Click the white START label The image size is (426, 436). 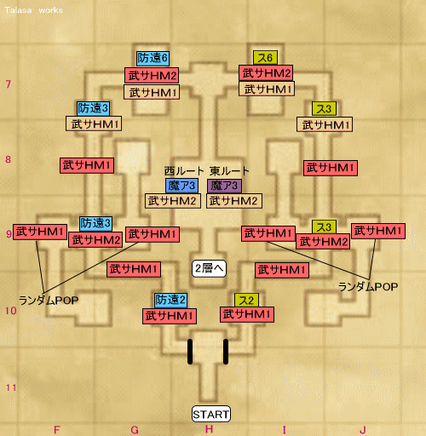click(211, 414)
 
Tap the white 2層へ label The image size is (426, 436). click(209, 268)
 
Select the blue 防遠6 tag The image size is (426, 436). click(153, 59)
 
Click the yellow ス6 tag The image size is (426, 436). click(265, 58)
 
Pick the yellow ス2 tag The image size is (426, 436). click(246, 301)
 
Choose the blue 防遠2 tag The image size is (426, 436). click(170, 301)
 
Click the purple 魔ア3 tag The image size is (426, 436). click(224, 186)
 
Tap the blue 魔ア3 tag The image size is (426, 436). click(182, 186)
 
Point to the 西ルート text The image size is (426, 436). click(184, 171)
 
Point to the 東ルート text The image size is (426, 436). click(229, 171)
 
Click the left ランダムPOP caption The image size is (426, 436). click(49, 301)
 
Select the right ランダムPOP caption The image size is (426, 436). click(368, 287)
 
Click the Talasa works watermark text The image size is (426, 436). click(34, 10)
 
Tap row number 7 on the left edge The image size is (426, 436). click(9, 84)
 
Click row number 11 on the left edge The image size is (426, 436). click(11, 387)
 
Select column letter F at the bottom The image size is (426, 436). click(57, 430)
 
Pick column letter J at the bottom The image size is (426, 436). click(363, 430)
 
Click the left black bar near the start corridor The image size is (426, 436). click(190, 352)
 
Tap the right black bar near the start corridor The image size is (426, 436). click(226, 352)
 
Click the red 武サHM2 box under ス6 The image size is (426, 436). click(266, 73)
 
